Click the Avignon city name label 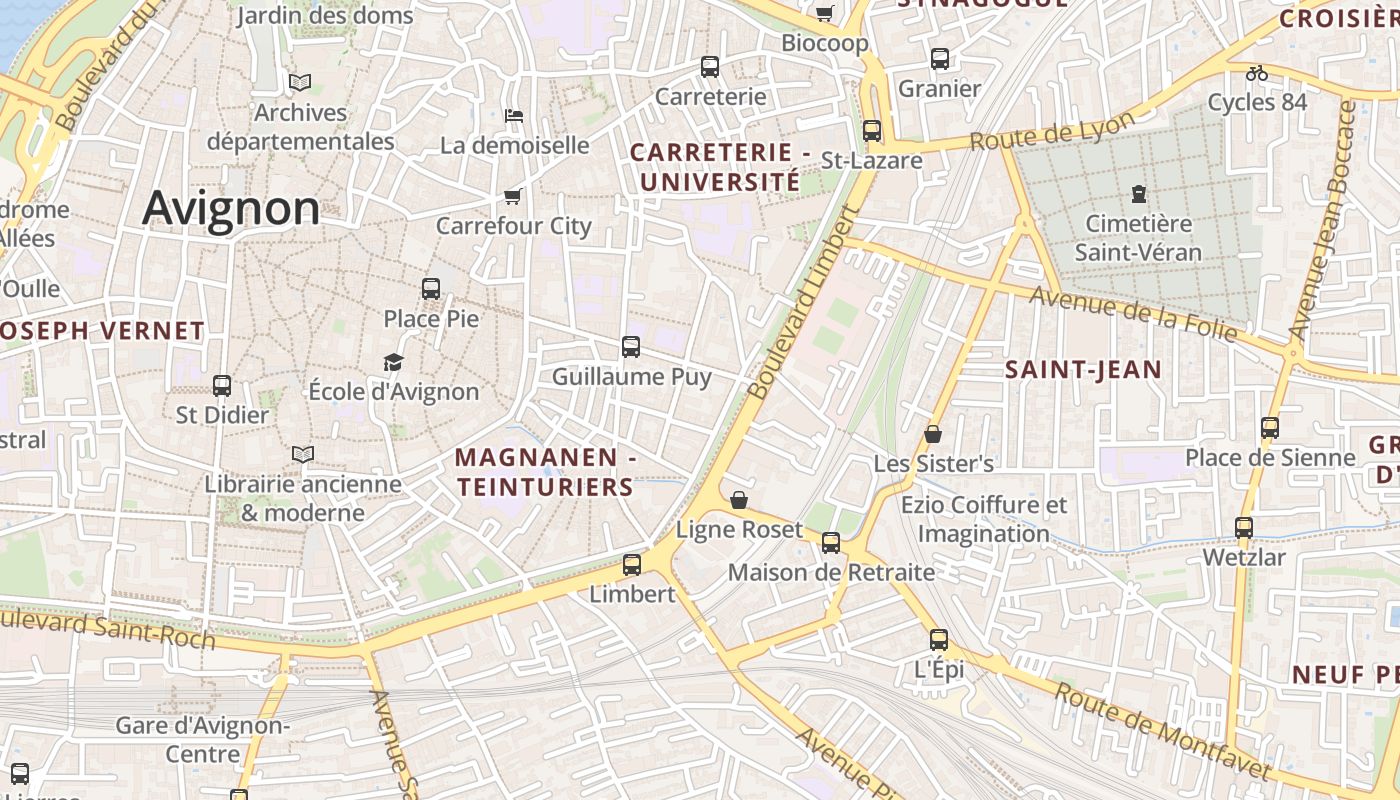click(x=231, y=208)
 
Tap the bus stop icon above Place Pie click(x=431, y=289)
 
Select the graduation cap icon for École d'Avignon click(x=394, y=362)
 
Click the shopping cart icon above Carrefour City click(x=513, y=196)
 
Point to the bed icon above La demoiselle click(x=514, y=116)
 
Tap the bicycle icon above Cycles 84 click(x=1257, y=73)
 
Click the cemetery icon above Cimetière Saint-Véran click(x=1138, y=193)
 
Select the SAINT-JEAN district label click(x=1083, y=370)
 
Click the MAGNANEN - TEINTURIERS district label click(x=545, y=472)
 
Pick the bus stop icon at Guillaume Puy click(x=631, y=347)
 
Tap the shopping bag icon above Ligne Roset click(x=739, y=500)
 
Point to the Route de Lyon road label click(x=1052, y=131)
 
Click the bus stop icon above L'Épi click(x=938, y=640)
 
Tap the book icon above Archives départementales click(x=299, y=83)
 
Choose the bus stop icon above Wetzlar click(x=1244, y=528)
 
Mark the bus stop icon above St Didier click(x=222, y=386)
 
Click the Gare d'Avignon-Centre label click(x=202, y=739)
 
